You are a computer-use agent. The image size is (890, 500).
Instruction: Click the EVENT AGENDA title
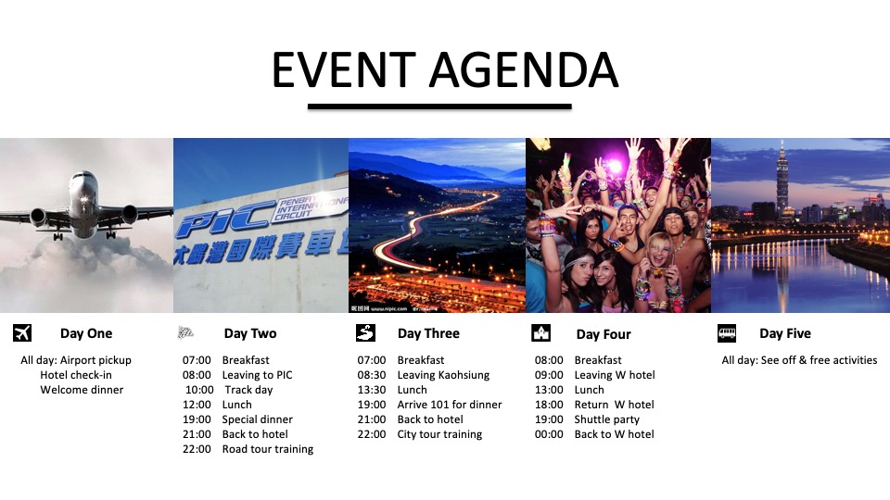point(444,70)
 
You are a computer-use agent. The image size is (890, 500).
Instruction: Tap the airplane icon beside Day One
point(22,333)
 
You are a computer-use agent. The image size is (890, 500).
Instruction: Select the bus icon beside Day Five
point(727,333)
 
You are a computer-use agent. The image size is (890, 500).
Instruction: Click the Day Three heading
point(428,333)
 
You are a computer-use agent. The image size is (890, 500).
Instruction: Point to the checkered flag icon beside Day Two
point(185,333)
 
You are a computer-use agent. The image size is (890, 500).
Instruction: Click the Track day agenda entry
point(248,390)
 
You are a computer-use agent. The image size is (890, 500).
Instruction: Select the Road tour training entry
point(267,449)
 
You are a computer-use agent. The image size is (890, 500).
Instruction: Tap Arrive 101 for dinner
point(450,405)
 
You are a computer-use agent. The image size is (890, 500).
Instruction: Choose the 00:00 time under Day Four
point(549,434)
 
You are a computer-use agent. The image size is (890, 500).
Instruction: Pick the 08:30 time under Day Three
point(372,375)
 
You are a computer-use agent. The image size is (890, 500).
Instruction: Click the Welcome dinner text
point(82,390)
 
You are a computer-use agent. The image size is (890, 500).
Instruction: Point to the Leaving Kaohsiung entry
point(443,375)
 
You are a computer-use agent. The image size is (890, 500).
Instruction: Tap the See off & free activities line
point(799,360)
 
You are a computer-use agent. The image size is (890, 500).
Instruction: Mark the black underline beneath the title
point(439,106)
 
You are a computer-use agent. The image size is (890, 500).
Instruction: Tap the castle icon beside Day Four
point(540,333)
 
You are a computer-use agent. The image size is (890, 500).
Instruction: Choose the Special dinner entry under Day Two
point(257,419)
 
